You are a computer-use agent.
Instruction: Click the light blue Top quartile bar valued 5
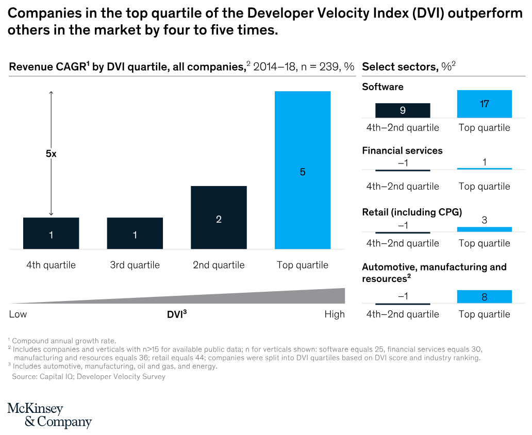pos(303,170)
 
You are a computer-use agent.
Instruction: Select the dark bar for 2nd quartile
pos(219,217)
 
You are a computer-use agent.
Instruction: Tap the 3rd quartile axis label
pos(135,265)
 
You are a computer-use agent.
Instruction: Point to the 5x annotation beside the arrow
pos(51,154)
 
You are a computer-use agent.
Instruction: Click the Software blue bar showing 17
pos(484,104)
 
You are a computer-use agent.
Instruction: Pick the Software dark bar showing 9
pos(403,110)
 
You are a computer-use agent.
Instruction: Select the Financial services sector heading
pos(402,150)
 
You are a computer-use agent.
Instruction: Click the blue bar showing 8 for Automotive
pos(484,297)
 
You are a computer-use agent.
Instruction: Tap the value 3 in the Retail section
pos(484,220)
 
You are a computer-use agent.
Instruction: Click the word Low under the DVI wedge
pos(18,314)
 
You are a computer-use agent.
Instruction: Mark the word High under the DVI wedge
pos(335,314)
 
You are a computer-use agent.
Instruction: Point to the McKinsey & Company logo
pos(49,415)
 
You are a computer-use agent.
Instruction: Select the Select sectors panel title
pos(409,66)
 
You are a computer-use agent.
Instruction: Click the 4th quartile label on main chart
pos(51,265)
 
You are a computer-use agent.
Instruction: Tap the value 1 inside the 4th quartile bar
pos(51,235)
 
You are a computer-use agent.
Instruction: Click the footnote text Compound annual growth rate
pos(64,341)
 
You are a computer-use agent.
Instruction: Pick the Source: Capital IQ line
pos(89,377)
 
